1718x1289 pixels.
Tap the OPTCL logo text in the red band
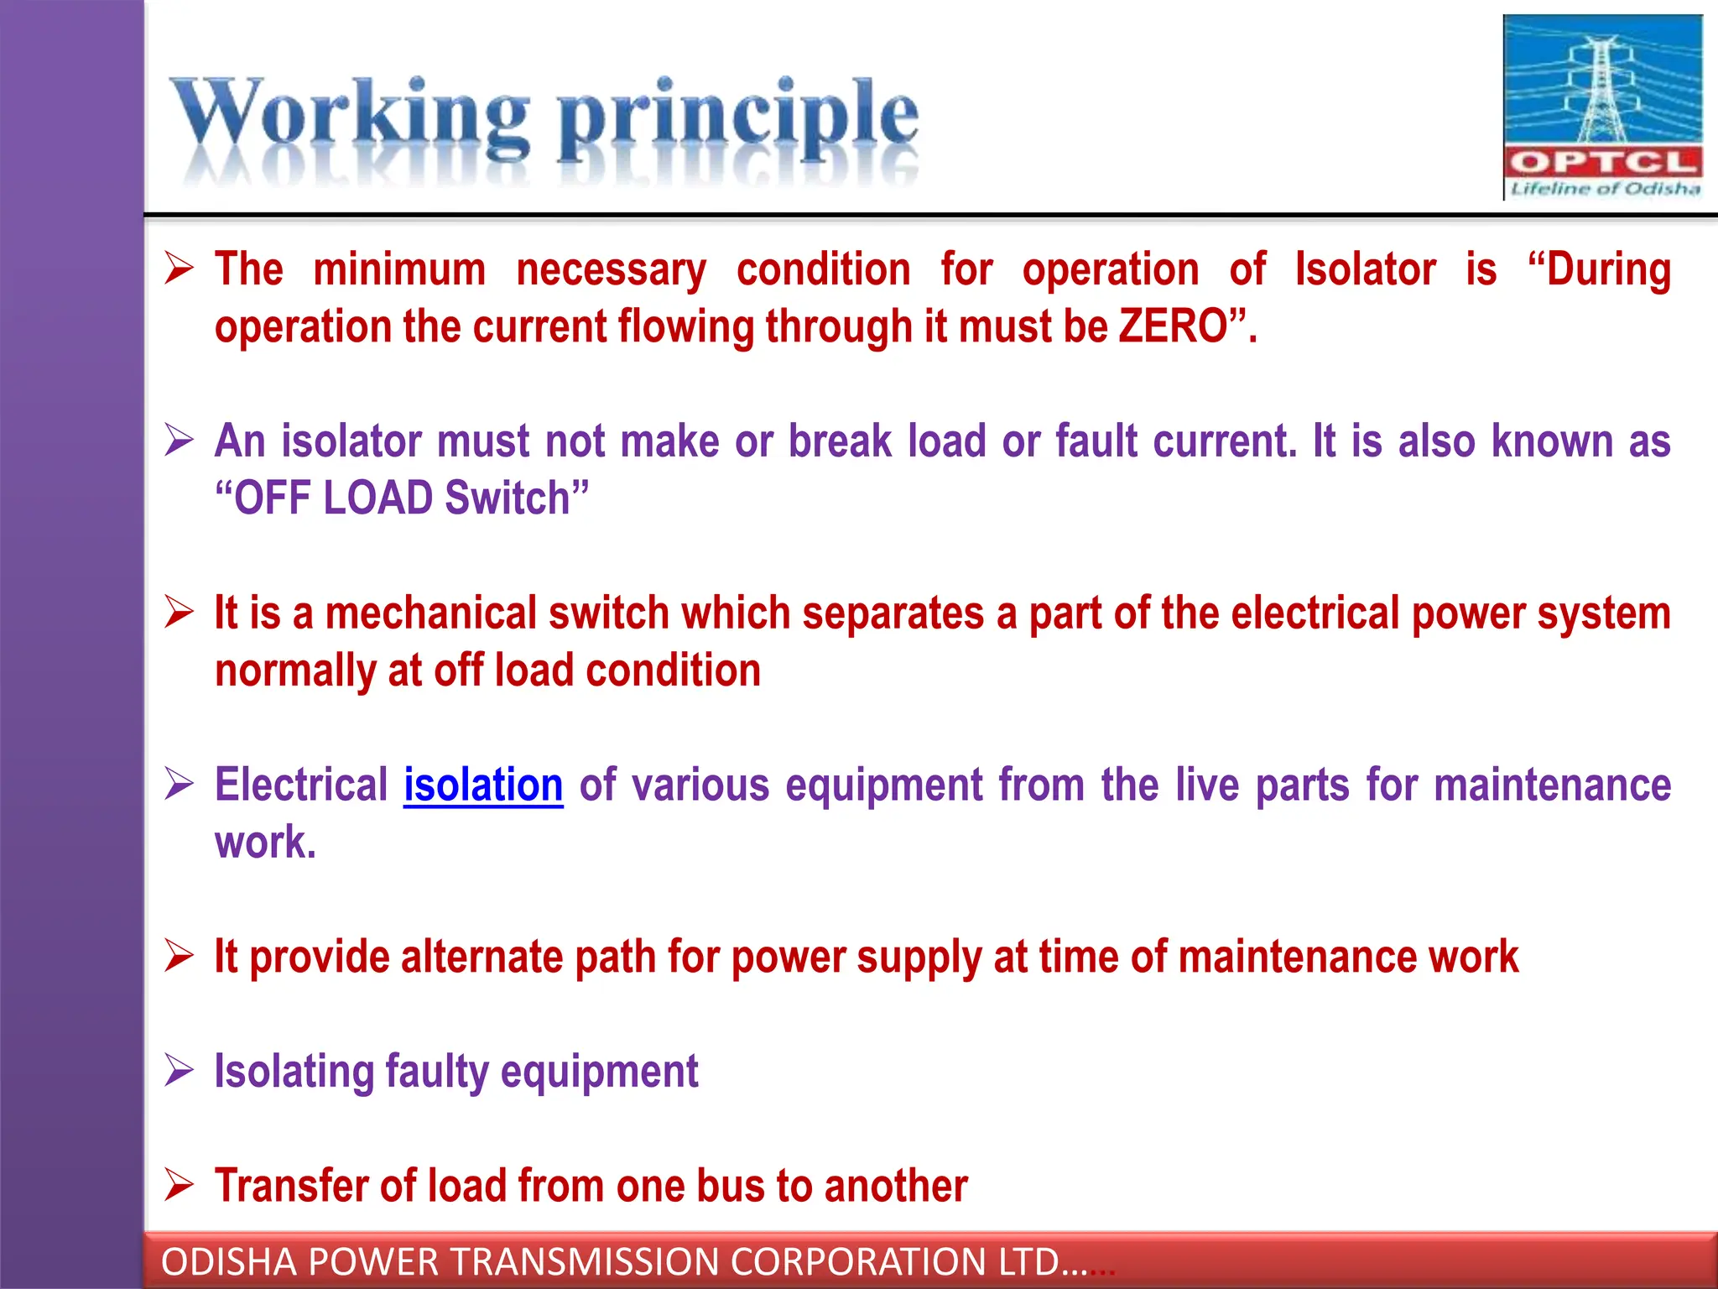[x=1603, y=162]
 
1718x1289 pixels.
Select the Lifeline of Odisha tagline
[x=1605, y=189]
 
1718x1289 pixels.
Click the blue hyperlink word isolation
[x=483, y=785]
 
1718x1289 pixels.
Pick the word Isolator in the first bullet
[x=1365, y=269]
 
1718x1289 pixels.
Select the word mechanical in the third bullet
[x=431, y=613]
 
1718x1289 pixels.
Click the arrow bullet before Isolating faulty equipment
[x=179, y=1071]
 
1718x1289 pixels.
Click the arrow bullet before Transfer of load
[x=179, y=1185]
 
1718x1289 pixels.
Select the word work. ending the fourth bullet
[x=265, y=842]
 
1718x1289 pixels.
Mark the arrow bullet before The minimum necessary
[x=179, y=269]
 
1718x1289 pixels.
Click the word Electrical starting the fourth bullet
[x=301, y=785]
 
